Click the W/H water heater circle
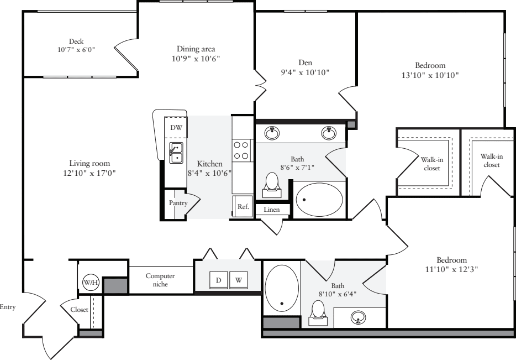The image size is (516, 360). coord(89,282)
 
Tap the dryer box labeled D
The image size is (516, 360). coord(218,280)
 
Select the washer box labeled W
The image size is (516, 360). coord(239,280)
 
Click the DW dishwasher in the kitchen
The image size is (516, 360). coord(176,128)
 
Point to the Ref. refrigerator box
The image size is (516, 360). coord(243,206)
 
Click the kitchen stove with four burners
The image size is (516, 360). coord(241,150)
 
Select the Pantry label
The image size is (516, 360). coord(178,203)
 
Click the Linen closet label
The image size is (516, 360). coord(271,210)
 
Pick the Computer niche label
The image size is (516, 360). coord(160,280)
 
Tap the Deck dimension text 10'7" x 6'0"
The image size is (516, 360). coord(76,49)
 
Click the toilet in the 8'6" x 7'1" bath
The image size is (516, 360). coord(272,185)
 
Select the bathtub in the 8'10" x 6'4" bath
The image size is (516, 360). coord(282,288)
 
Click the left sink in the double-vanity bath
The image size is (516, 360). coord(272,133)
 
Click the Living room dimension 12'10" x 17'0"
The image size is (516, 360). coord(89,173)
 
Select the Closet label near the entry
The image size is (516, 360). coord(80,310)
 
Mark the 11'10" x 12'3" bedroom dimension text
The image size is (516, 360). coord(451,269)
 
